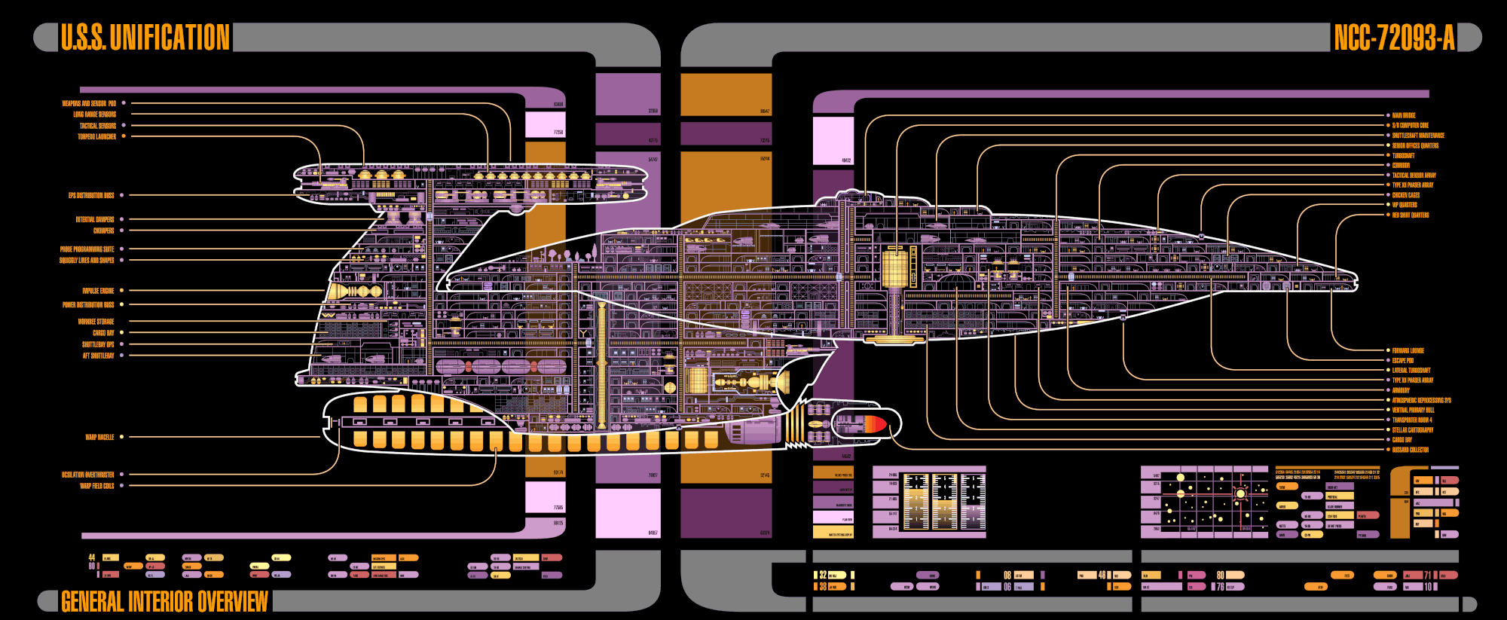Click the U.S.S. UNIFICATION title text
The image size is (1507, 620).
point(145,38)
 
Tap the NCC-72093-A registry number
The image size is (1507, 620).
point(1394,38)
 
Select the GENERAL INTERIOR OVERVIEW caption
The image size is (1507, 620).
point(164,601)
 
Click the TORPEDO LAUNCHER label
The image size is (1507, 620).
point(97,137)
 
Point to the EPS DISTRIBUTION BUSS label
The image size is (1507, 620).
point(91,196)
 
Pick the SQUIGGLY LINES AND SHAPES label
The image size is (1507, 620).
point(87,261)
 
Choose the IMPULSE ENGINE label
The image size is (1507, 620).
point(98,291)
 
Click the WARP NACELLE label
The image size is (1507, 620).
point(99,437)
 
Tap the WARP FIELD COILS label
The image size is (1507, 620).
point(97,486)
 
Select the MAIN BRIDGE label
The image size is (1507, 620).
point(1404,116)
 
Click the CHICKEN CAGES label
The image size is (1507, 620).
point(1406,195)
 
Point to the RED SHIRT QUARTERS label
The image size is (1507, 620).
point(1411,215)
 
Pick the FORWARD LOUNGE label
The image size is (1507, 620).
point(1408,351)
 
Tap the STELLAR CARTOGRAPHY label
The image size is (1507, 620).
point(1413,430)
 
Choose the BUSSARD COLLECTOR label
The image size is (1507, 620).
point(1411,450)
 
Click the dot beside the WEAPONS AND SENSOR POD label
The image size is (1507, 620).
point(124,103)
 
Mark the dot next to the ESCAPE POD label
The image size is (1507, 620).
point(1388,361)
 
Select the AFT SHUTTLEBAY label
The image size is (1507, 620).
point(99,356)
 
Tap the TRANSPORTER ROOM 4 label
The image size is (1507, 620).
point(1412,420)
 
